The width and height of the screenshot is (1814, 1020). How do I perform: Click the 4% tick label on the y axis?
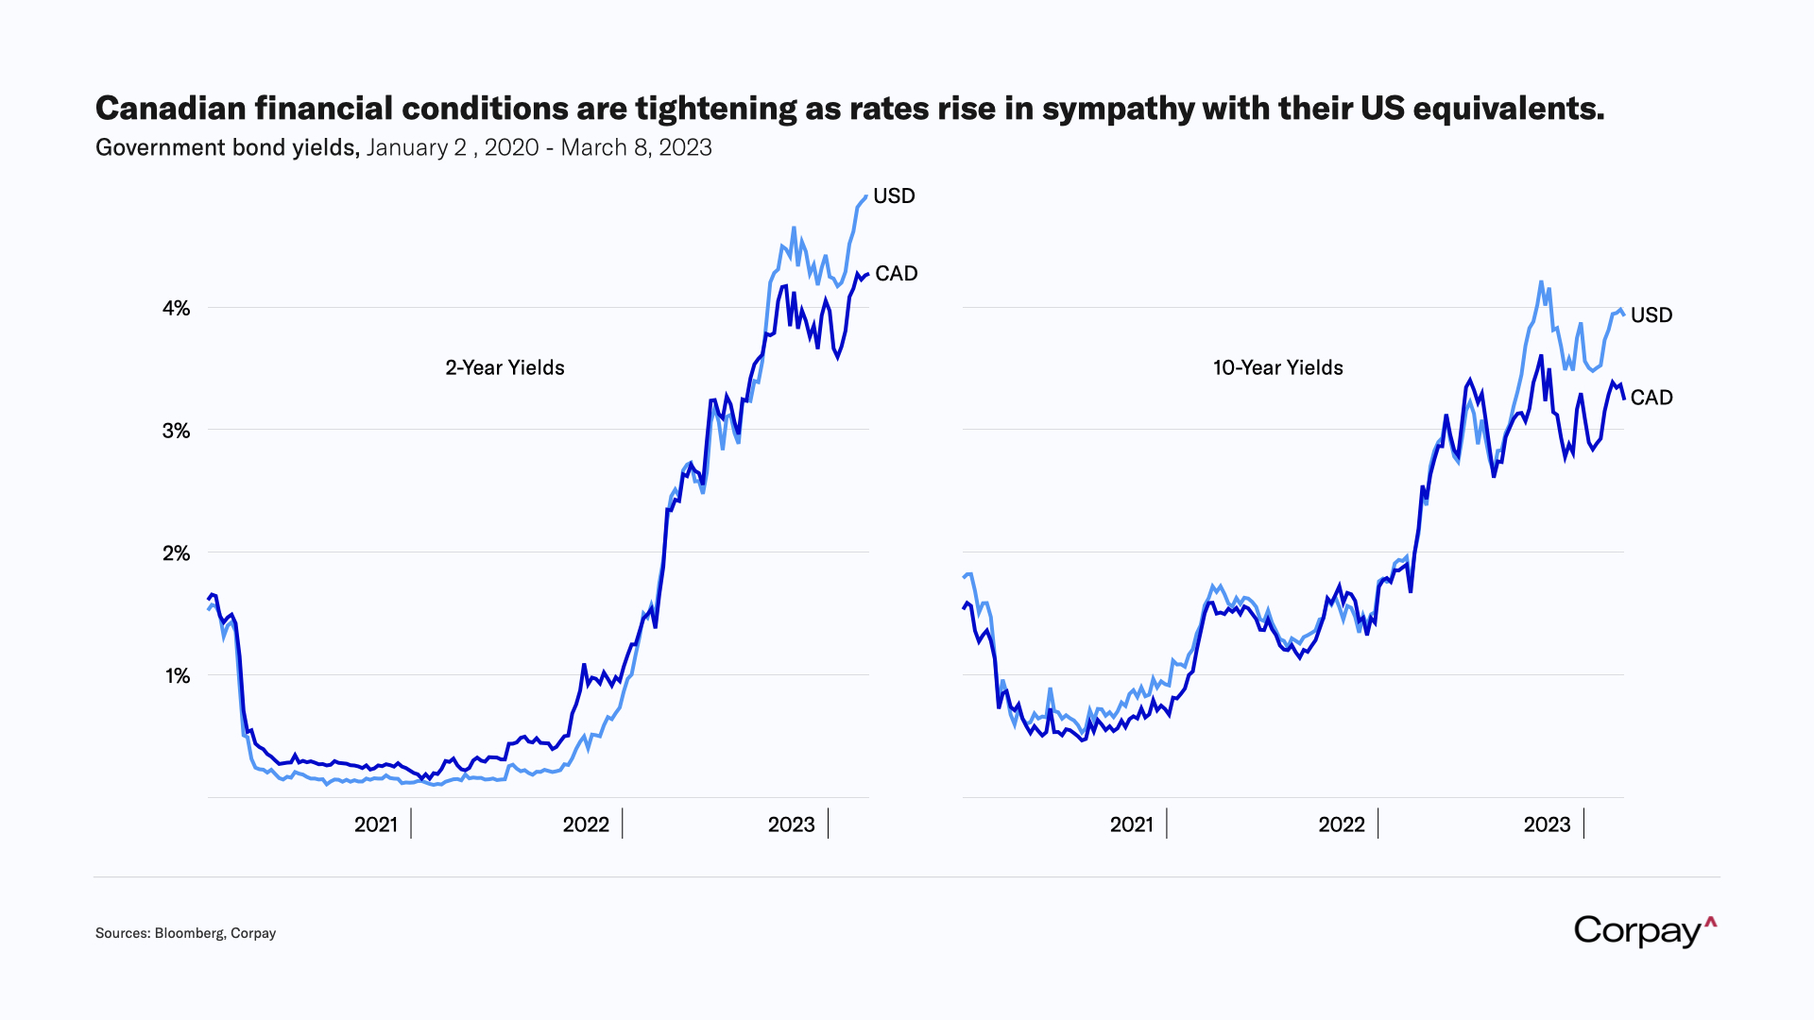[x=177, y=308]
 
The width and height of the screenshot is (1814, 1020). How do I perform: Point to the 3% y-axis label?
[x=177, y=431]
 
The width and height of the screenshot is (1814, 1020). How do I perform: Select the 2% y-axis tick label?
[x=177, y=553]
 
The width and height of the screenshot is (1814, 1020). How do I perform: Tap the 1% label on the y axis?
[x=178, y=676]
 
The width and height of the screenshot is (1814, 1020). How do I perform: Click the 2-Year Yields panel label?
[x=505, y=367]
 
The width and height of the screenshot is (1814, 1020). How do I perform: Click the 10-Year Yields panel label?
[x=1277, y=367]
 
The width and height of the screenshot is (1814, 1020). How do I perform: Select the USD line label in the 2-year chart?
[x=894, y=195]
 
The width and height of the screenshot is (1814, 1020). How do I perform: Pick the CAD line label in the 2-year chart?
[x=896, y=273]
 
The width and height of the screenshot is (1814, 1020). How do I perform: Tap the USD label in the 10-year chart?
[x=1651, y=314]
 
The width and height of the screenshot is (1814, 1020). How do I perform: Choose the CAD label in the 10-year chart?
[x=1651, y=397]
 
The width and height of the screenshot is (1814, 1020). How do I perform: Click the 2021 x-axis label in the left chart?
[x=376, y=824]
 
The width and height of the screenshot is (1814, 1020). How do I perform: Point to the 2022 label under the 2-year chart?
[x=586, y=824]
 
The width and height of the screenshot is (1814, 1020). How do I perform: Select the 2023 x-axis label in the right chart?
[x=1547, y=824]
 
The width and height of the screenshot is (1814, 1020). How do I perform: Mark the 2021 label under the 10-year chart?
[x=1131, y=824]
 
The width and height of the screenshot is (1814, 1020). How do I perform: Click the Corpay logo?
[x=1644, y=931]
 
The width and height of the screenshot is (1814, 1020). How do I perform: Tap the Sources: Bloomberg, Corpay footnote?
[x=185, y=933]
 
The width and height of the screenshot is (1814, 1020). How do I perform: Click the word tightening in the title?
[x=716, y=109]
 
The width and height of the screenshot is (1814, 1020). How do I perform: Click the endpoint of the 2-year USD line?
[x=865, y=196]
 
